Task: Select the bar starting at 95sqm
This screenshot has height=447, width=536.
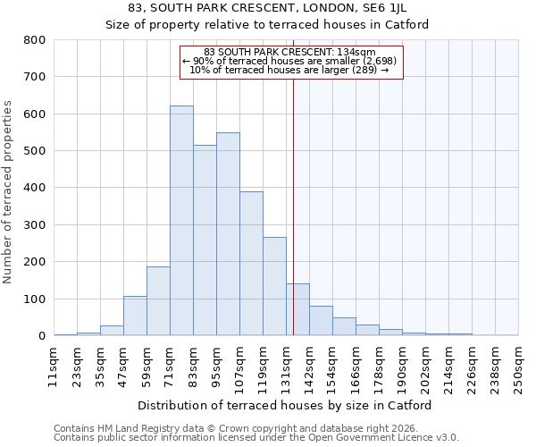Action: coord(228,234)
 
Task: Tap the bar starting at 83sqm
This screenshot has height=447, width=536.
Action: coord(205,240)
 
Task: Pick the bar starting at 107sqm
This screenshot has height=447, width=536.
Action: coord(251,264)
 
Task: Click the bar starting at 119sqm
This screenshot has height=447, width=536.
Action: coord(274,286)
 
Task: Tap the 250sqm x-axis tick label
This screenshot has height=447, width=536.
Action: coord(518,367)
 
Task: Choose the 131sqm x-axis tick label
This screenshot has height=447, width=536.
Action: coord(286,367)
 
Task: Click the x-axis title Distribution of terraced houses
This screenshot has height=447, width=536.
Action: coord(285,405)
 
